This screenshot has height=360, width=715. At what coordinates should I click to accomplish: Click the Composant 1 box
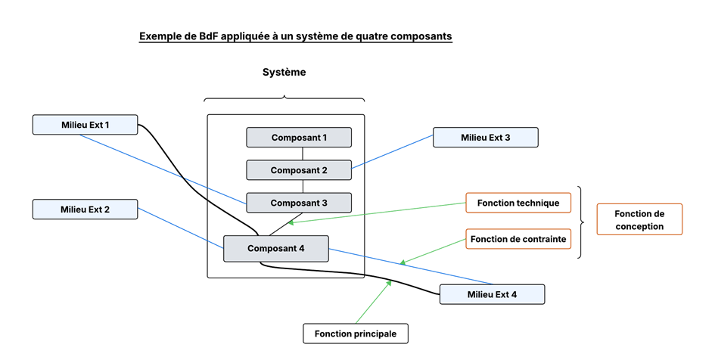[x=299, y=138]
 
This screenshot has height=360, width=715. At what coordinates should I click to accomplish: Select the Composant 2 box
[x=299, y=170]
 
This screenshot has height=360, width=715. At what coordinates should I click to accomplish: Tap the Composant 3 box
[x=299, y=203]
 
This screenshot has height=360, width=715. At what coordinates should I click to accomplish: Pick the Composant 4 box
[x=275, y=248]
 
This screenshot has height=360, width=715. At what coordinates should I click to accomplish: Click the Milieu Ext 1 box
[x=85, y=125]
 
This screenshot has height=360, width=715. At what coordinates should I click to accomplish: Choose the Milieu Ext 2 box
[x=85, y=209]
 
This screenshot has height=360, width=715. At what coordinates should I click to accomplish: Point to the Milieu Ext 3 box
[x=485, y=138]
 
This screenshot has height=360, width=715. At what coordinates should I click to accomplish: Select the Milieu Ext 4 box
[x=492, y=294]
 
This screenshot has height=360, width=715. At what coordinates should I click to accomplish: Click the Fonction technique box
[x=518, y=203]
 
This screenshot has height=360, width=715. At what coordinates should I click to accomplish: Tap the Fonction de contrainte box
[x=518, y=240]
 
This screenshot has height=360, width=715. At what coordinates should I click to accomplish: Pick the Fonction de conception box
[x=639, y=219]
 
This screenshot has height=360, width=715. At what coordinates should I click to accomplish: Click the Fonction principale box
[x=356, y=334]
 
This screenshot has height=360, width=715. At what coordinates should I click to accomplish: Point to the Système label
[x=284, y=73]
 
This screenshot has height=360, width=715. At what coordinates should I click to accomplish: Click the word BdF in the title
[x=204, y=36]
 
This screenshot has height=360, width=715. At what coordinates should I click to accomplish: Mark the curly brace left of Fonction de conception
[x=581, y=222]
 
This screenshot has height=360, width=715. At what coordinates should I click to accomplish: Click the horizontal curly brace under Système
[x=284, y=98]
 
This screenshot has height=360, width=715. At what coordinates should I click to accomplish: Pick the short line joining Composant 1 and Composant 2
[x=303, y=154]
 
